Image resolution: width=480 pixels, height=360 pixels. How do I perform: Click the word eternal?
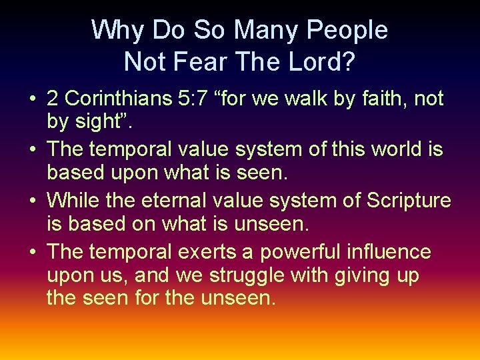pyautogui.click(x=184, y=199)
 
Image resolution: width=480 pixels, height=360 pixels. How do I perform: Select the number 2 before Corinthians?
pyautogui.click(x=53, y=99)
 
